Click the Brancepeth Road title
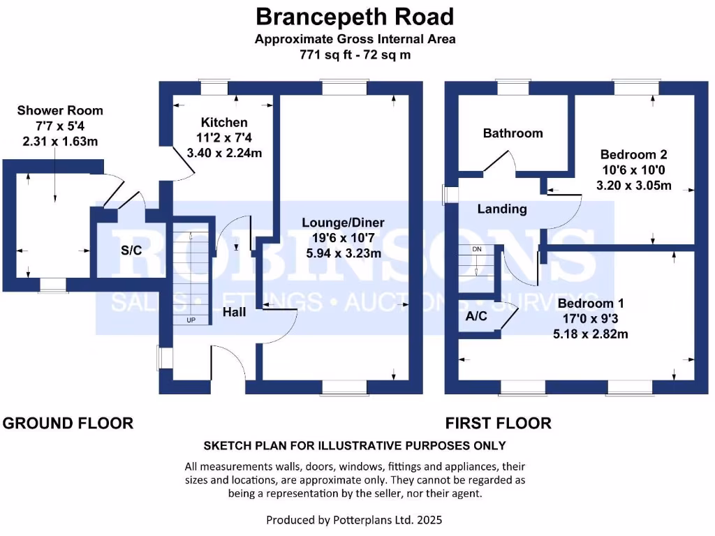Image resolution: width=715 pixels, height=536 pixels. click(x=355, y=16)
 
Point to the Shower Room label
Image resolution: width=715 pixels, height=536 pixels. click(x=60, y=111)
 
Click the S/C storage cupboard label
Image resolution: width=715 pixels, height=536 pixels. click(x=131, y=251)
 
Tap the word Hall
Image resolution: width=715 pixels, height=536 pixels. click(x=234, y=313)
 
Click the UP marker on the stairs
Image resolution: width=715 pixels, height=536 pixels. click(x=191, y=320)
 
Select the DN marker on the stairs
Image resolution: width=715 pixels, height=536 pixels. click(x=477, y=249)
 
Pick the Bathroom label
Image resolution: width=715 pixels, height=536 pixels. click(x=513, y=133)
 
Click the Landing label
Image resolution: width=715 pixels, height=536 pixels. click(x=502, y=209)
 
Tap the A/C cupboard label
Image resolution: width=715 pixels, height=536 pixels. click(x=476, y=316)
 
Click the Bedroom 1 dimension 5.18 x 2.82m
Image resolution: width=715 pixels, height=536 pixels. click(x=591, y=334)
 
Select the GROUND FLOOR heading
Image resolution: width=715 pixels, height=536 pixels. click(x=68, y=423)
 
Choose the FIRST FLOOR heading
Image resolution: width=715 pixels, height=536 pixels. click(x=499, y=423)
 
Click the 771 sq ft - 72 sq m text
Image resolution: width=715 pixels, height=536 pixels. click(x=355, y=54)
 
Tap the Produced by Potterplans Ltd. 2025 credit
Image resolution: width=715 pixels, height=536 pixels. click(x=355, y=520)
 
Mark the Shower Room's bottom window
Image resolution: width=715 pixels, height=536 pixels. click(x=53, y=284)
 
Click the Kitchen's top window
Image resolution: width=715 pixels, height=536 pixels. click(x=213, y=88)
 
